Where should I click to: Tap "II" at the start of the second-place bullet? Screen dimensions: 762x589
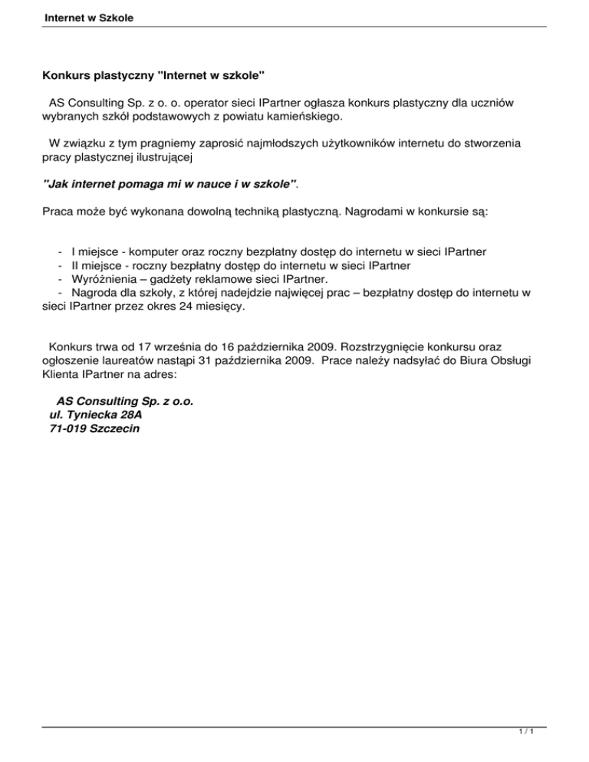[74, 264]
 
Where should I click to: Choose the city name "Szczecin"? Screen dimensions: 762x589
[115, 429]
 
